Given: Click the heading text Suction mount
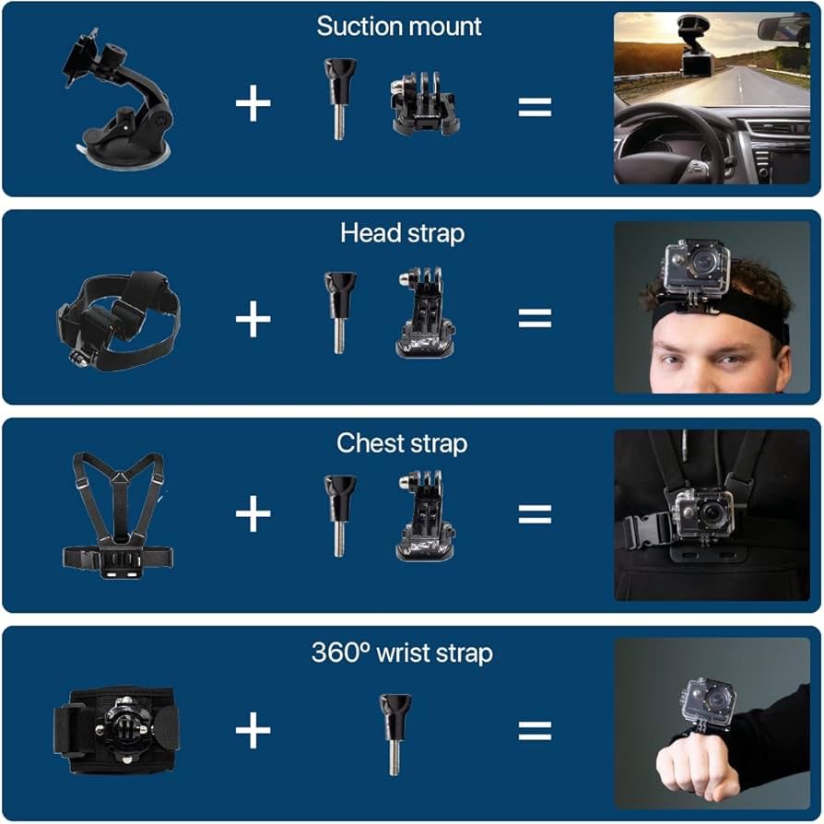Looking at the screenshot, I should pyautogui.click(x=399, y=27).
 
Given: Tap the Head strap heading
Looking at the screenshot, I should pyautogui.click(x=402, y=233).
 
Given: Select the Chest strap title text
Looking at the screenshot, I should pyautogui.click(x=402, y=443).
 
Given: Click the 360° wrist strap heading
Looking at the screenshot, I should pyautogui.click(x=402, y=653).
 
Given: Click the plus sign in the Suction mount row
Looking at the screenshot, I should pyautogui.click(x=253, y=105).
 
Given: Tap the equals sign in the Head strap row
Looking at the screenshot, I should pyautogui.click(x=535, y=319).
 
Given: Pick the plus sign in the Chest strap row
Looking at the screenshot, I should pyautogui.click(x=253, y=515).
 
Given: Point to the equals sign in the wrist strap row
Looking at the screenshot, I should pyautogui.click(x=535, y=732).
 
